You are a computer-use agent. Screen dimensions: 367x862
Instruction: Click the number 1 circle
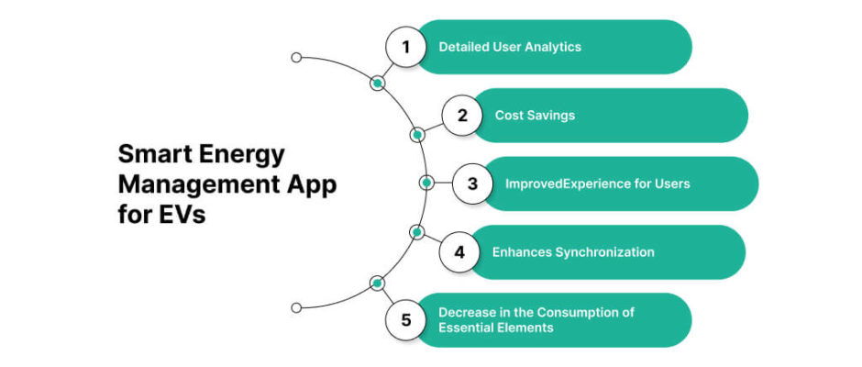pos(405,47)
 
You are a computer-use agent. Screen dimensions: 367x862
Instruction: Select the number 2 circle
pos(462,116)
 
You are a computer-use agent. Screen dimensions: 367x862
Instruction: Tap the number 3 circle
pos(472,183)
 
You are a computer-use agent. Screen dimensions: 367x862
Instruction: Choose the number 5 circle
pos(405,320)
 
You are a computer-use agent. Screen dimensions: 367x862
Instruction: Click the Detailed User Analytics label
pos(510,47)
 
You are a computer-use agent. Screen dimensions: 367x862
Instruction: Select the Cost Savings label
pos(535,116)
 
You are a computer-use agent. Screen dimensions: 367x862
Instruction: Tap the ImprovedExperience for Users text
pos(597,183)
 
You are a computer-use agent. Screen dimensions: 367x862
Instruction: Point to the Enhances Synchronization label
pos(573,251)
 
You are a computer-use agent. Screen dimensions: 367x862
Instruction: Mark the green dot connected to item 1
pos(376,83)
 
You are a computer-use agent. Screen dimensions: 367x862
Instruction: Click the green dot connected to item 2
pos(417,135)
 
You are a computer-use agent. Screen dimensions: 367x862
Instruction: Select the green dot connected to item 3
pos(426,183)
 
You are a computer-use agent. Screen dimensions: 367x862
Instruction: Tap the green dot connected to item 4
pos(416,232)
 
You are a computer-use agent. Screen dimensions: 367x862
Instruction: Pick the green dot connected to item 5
pos(376,283)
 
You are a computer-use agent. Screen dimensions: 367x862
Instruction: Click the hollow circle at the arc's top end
pos(295,57)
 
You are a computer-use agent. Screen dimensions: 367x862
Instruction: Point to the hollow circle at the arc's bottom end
pos(295,307)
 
